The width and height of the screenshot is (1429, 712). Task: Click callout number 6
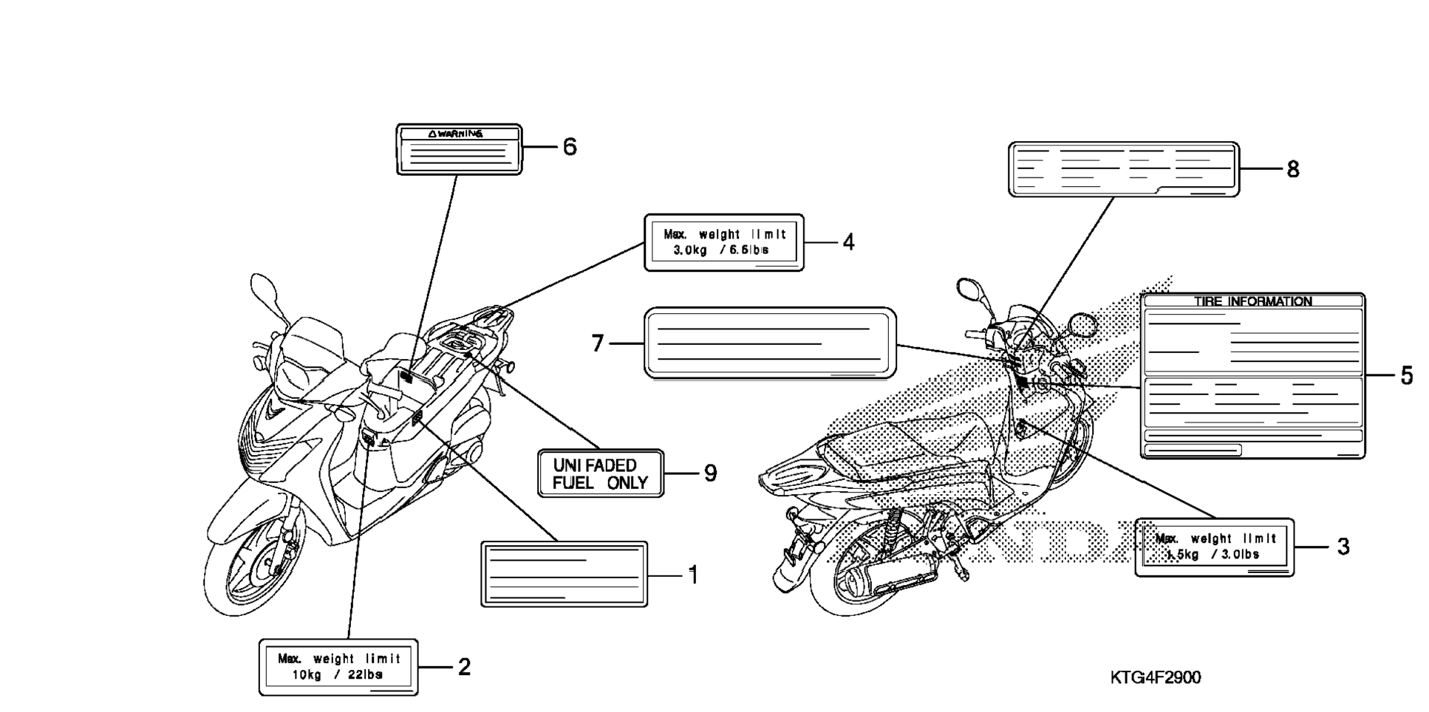(x=569, y=147)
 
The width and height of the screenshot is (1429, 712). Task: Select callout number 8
(x=1292, y=170)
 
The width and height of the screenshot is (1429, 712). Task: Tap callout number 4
(x=848, y=242)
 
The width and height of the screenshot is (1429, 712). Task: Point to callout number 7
(x=598, y=343)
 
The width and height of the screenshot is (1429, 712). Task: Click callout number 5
(x=1406, y=376)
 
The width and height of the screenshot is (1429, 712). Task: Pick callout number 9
(x=710, y=473)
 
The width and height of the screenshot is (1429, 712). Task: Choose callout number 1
(x=693, y=575)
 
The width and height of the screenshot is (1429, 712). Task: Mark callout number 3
(x=1343, y=547)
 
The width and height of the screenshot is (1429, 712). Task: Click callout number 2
(x=464, y=668)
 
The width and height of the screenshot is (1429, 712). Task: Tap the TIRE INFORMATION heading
(x=1252, y=301)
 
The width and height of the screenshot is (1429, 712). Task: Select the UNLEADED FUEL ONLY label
(x=600, y=474)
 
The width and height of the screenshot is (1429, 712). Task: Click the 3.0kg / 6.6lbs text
(x=720, y=250)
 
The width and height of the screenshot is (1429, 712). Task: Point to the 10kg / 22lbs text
(x=337, y=675)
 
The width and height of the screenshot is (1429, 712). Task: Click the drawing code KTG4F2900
(x=1155, y=677)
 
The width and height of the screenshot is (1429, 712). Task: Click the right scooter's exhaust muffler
(x=887, y=576)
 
